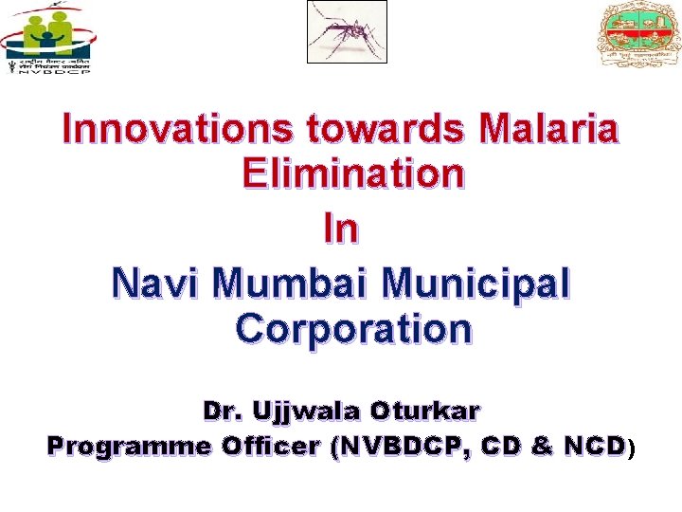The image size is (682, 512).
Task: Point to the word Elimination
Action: point(353,174)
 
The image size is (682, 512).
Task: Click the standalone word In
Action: point(341,229)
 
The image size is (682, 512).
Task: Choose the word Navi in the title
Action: point(156,283)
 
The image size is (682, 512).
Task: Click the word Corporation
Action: point(353,329)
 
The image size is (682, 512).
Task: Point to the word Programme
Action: point(130,446)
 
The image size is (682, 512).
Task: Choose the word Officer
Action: point(270,446)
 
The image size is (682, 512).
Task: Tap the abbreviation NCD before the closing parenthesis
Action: point(593,446)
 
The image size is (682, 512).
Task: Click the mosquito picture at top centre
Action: point(347,31)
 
